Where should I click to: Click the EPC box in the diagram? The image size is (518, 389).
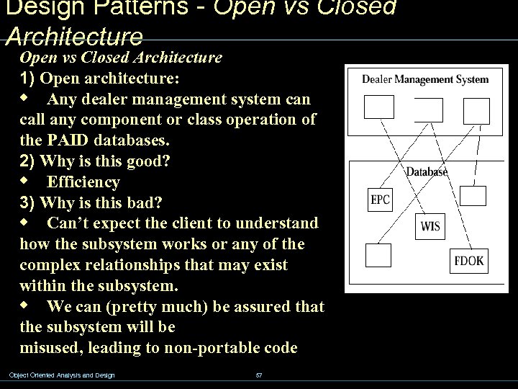point(380,200)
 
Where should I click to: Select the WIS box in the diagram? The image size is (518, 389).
point(430,226)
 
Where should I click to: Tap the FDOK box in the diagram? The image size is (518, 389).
point(469,260)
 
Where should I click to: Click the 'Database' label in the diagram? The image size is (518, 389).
point(427,171)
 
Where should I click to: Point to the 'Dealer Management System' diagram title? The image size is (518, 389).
point(424,79)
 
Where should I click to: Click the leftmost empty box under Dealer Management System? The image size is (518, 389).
point(379,107)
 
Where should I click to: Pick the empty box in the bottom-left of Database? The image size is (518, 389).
point(378,254)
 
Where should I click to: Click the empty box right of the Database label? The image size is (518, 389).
point(473,196)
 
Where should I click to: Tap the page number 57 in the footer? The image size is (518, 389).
point(259,375)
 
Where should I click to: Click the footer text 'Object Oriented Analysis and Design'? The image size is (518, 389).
point(62,375)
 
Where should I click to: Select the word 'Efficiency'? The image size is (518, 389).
point(83,181)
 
